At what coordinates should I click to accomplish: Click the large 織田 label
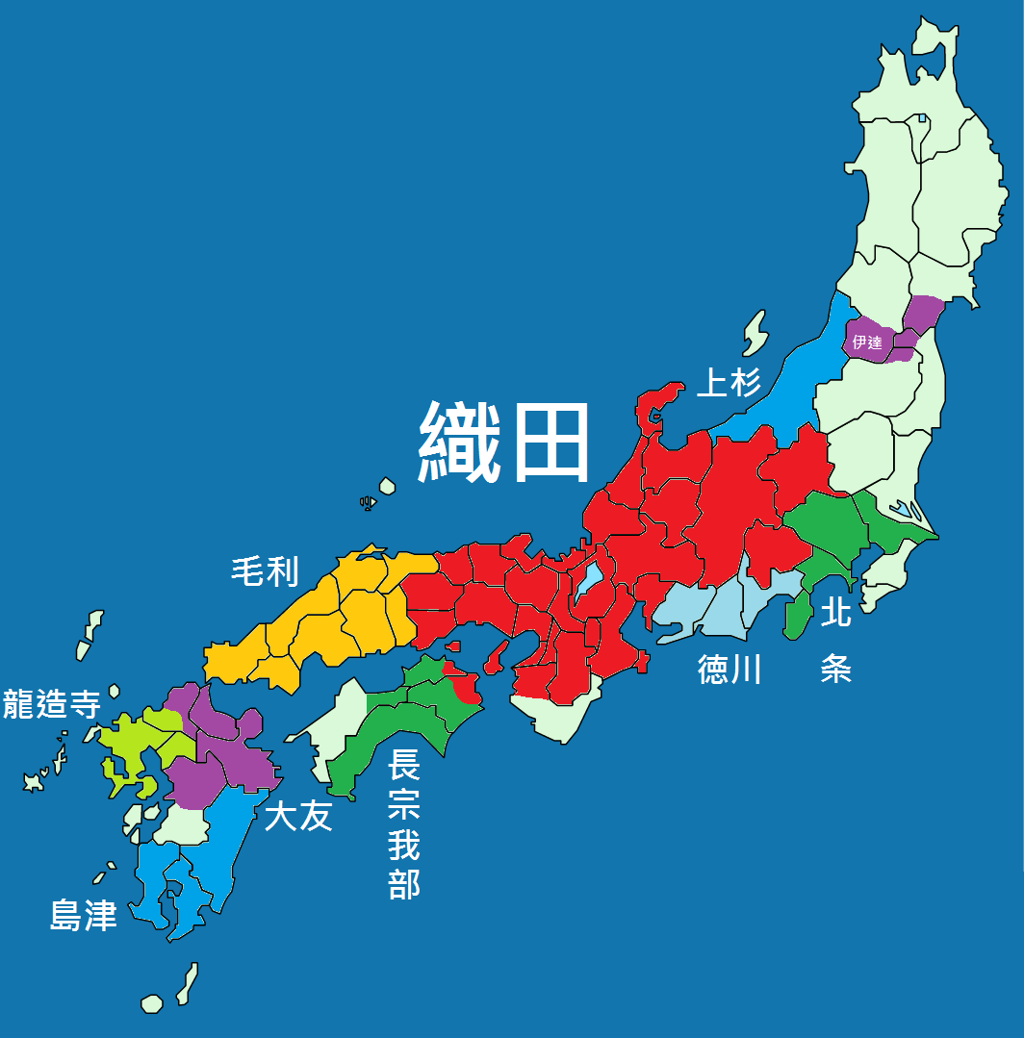coord(504,442)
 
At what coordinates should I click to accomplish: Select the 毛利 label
coord(265,572)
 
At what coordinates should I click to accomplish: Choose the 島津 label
coord(84,916)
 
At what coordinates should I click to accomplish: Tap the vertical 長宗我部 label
coord(404,825)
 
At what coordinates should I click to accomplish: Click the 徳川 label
coord(730,669)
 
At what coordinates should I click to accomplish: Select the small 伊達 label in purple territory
coord(867,342)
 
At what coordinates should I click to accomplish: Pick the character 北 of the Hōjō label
coord(835,612)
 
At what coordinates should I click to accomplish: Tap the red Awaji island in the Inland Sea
coord(494,658)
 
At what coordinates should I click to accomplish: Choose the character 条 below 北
coord(835,667)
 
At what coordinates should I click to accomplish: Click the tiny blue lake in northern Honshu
coord(921,119)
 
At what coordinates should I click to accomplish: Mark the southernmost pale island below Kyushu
coord(152,1003)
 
